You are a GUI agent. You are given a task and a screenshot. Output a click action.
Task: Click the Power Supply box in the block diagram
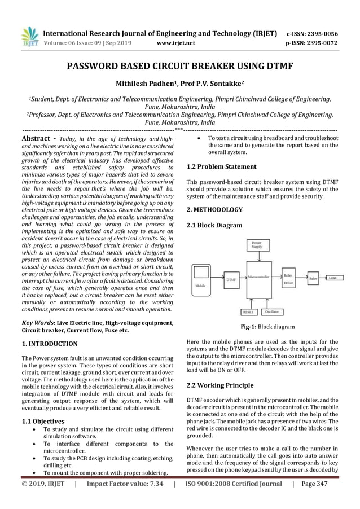pos(256,245)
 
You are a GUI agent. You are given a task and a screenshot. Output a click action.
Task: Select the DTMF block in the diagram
pos(231,279)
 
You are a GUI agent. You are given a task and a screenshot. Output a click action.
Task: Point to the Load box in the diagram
pos(332,278)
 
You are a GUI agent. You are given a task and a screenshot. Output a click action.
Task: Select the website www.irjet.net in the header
pos(175,42)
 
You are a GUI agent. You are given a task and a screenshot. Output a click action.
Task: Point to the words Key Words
pos(38,323)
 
